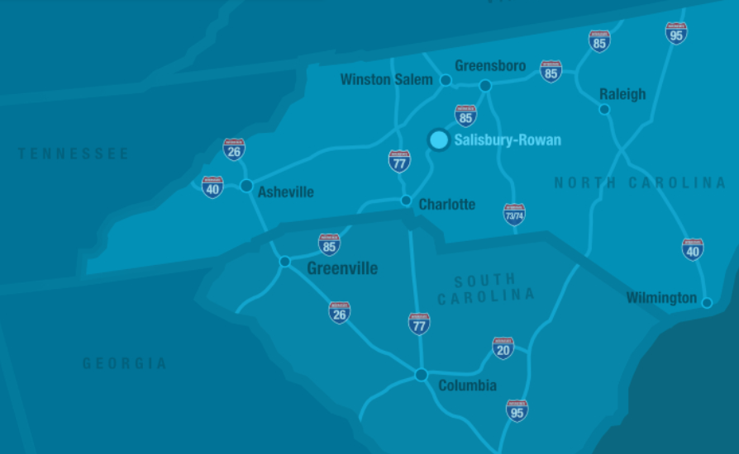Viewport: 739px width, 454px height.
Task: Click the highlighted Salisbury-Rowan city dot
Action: [x=439, y=140]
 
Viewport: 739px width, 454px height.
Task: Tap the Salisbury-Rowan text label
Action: [x=508, y=140]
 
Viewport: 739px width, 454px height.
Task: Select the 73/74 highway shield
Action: [x=514, y=215]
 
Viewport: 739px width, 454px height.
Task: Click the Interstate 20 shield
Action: [x=503, y=348]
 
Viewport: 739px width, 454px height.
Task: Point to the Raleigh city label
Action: [x=622, y=94]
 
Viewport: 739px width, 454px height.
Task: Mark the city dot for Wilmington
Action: [x=707, y=303]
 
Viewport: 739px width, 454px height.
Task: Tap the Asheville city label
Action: [x=286, y=192]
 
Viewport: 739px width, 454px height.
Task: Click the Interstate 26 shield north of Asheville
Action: [x=234, y=149]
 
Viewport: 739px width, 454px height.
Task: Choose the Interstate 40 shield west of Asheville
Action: [x=212, y=187]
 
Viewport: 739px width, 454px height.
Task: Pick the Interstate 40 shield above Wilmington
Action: [x=693, y=249]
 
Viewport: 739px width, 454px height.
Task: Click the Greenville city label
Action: [x=342, y=268]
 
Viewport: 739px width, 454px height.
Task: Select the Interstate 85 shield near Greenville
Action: [x=330, y=244]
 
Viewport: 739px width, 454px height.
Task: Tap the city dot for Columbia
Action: [x=421, y=375]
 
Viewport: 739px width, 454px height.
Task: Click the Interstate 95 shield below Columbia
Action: [x=517, y=410]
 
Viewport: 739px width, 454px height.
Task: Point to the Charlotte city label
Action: [x=447, y=204]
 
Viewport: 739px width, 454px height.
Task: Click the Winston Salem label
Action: [x=386, y=80]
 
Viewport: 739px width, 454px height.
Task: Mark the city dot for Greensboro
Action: [x=485, y=85]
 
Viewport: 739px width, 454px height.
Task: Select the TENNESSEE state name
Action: [x=74, y=154]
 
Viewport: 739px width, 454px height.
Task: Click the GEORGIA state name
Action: [x=125, y=363]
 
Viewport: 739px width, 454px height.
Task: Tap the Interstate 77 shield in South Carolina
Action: [x=419, y=324]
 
